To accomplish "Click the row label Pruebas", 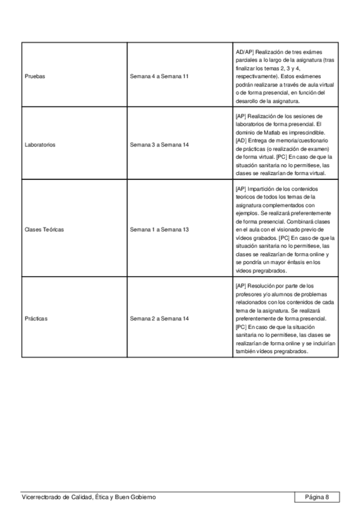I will click(x=35, y=77).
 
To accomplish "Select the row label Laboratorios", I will click(x=40, y=145).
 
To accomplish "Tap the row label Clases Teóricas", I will click(x=44, y=230).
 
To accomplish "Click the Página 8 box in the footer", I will click(x=317, y=497).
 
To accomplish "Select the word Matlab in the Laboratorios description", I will click(x=265, y=131).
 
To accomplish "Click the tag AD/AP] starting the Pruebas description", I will click(x=245, y=52).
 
